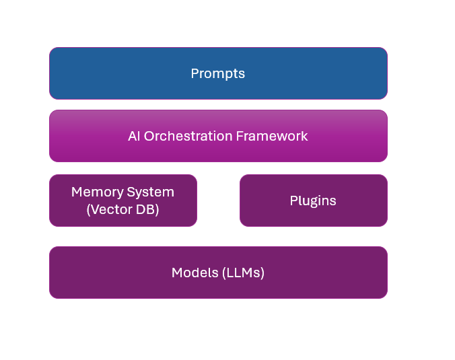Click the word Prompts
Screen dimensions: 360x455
218,73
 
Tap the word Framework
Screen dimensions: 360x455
272,136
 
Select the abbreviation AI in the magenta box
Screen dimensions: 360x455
134,136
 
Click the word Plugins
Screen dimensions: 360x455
313,201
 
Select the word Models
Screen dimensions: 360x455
194,273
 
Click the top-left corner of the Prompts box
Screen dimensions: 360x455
52,50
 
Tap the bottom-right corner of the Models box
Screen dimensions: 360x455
385,295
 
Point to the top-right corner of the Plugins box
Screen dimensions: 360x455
385,177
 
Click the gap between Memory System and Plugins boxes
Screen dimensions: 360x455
218,201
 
